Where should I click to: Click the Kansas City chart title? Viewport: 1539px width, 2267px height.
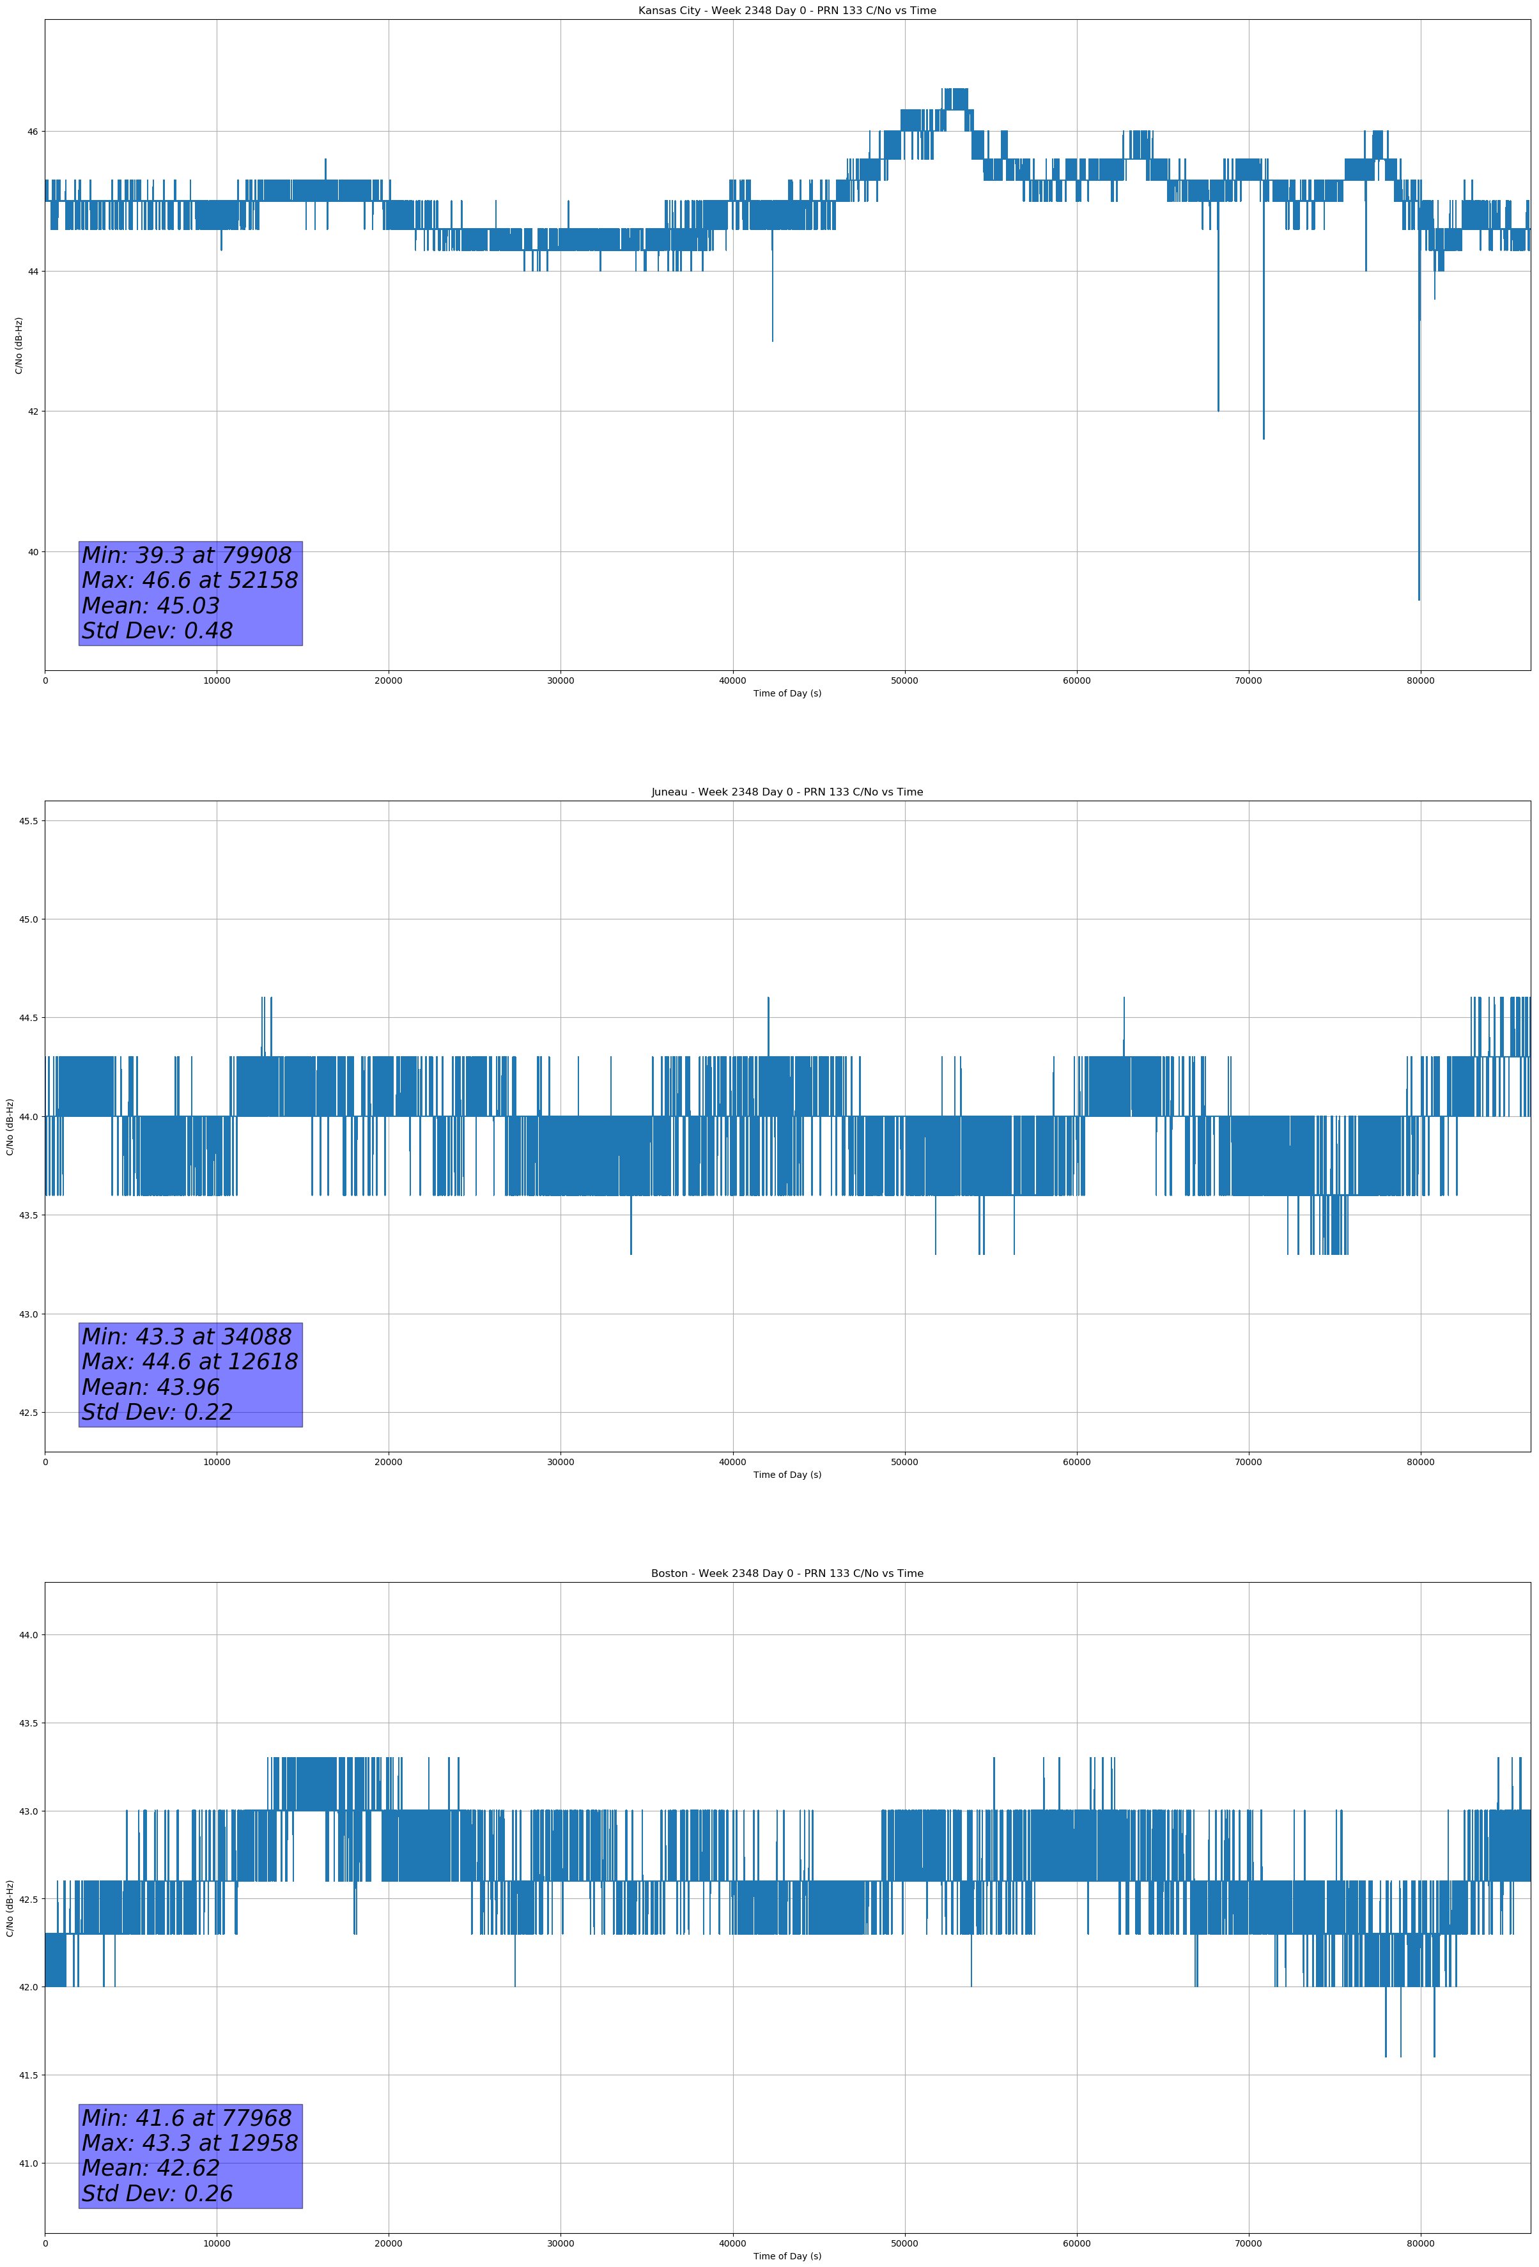787,11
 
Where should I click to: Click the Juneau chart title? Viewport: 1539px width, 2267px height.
787,792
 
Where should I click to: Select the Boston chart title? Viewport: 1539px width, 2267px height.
787,1574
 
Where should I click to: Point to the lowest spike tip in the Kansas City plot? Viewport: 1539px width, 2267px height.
1418,599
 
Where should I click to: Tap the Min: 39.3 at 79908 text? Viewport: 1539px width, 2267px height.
187,555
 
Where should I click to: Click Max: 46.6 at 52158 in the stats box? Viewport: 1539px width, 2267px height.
189,580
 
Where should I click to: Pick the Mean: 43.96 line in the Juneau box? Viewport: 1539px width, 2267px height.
150,1387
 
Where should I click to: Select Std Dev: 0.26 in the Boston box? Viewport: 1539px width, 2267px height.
157,2194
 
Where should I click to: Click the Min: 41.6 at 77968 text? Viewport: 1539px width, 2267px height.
187,2117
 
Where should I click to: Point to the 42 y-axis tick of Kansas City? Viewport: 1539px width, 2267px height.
32,411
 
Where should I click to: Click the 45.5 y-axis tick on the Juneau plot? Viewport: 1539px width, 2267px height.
28,821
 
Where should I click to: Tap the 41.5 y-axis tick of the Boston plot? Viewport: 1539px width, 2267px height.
28,2075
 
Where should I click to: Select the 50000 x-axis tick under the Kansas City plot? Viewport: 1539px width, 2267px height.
904,681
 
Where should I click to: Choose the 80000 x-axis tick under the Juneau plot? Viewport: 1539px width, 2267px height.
1420,1462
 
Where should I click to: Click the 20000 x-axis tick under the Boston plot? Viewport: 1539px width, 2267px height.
389,2243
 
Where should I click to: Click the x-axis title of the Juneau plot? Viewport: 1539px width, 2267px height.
787,1475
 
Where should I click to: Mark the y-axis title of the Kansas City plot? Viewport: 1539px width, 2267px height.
19,345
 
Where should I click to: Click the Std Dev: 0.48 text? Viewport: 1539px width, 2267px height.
157,631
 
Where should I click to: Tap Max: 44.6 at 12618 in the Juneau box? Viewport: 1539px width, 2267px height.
189,1362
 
